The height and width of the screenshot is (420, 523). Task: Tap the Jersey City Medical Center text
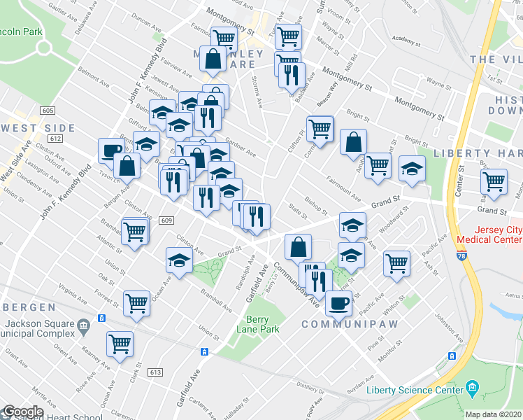487,234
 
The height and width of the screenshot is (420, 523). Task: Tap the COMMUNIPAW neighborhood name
340,325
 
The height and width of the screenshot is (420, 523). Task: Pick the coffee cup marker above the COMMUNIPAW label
339,302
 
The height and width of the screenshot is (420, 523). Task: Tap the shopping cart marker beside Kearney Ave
120,343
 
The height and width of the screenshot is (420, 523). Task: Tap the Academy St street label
408,41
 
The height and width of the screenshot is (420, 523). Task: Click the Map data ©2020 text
494,414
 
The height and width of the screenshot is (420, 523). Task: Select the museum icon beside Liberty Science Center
472,388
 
